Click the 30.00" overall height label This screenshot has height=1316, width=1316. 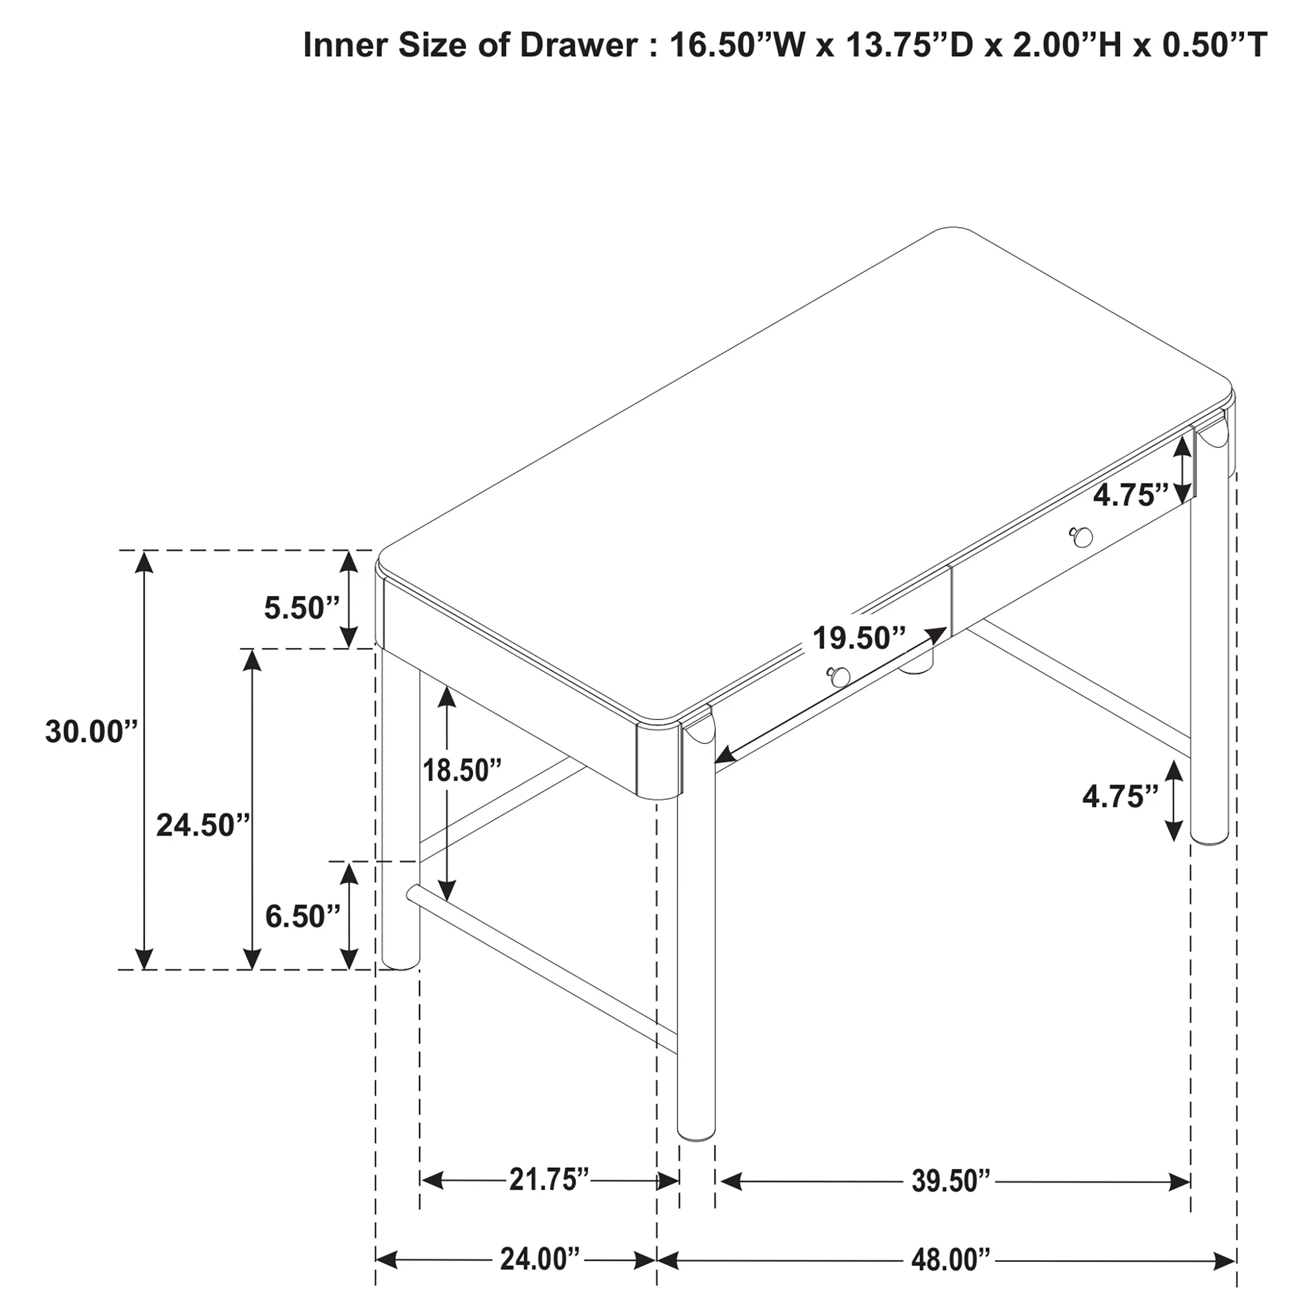click(x=91, y=732)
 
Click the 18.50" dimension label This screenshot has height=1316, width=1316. click(x=462, y=771)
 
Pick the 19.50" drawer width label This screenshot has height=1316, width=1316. click(x=859, y=638)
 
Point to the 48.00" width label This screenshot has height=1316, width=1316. click(x=951, y=1260)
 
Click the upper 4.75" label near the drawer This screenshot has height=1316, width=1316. click(x=1131, y=495)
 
